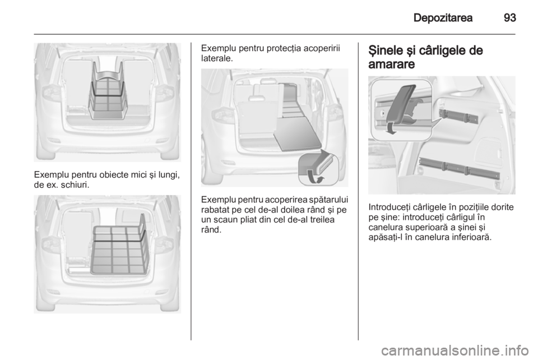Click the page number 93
[x=509, y=17]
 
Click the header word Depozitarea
[x=443, y=17]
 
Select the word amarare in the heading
[x=392, y=64]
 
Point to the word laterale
[x=217, y=59]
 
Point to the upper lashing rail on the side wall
[x=459, y=116]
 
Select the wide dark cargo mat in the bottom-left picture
[x=119, y=250]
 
